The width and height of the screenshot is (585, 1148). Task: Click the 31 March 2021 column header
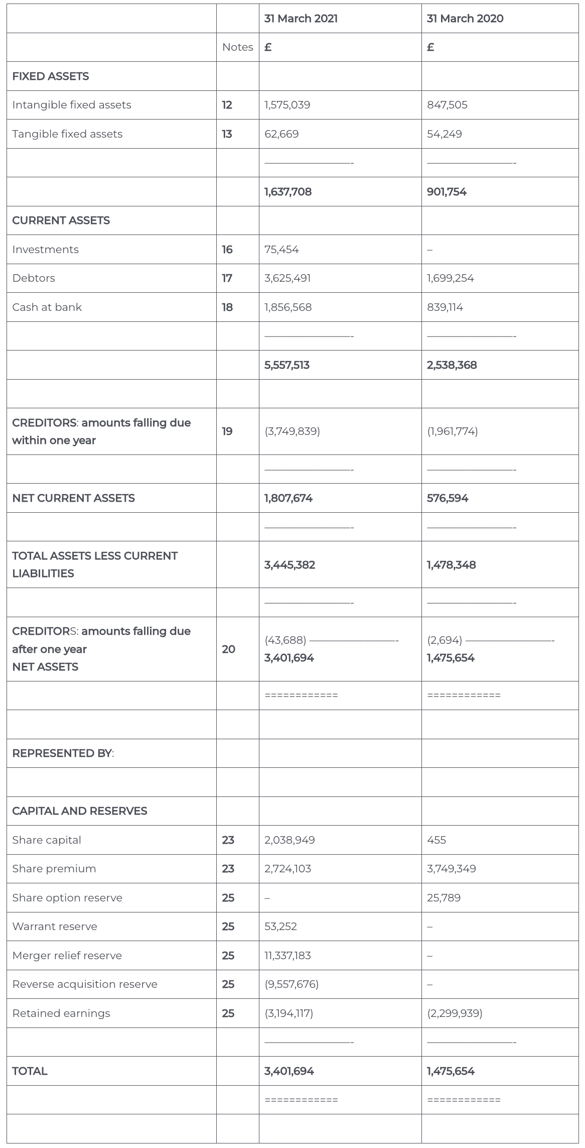click(x=301, y=19)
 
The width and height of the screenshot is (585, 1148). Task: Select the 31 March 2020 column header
click(x=465, y=19)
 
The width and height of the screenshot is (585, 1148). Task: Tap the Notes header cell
click(x=237, y=47)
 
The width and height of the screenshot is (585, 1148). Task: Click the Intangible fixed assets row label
click(x=72, y=105)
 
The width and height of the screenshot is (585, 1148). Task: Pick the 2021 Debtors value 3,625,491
click(x=287, y=278)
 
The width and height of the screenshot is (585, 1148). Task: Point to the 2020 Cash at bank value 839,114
click(x=445, y=307)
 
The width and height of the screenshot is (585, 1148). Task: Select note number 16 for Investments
click(x=227, y=250)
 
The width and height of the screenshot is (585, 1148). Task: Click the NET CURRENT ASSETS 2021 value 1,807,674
click(x=288, y=498)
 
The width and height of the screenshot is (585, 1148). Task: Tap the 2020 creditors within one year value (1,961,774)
click(x=453, y=431)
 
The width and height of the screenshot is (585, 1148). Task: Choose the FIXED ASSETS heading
click(x=51, y=76)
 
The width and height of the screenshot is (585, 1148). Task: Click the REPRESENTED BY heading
click(x=63, y=753)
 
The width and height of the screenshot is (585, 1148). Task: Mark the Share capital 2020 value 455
click(x=436, y=840)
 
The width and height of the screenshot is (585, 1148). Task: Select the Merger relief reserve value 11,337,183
click(x=287, y=956)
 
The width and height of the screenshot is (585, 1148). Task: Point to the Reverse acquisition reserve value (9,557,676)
click(x=291, y=984)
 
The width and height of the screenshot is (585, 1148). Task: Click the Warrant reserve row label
click(x=55, y=927)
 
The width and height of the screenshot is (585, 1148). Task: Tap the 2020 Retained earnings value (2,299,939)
click(x=455, y=1013)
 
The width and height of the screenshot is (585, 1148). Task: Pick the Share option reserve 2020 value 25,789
click(x=444, y=898)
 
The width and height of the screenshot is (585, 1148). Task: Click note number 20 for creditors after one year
click(x=228, y=649)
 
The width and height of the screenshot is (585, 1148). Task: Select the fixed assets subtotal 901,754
click(x=447, y=192)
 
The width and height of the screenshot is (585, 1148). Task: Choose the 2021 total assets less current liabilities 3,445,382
click(x=289, y=565)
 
